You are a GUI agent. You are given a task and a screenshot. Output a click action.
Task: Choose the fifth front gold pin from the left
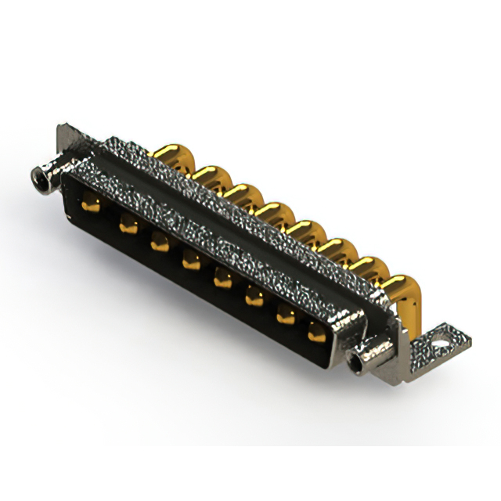222,278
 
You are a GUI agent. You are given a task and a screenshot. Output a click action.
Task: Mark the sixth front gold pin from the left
254,296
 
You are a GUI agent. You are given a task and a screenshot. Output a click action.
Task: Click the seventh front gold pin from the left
286,315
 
